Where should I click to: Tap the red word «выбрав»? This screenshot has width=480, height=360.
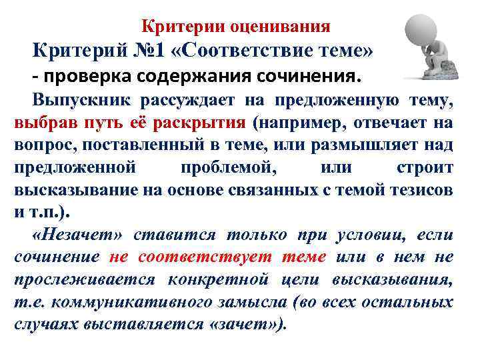coord(44,123)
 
